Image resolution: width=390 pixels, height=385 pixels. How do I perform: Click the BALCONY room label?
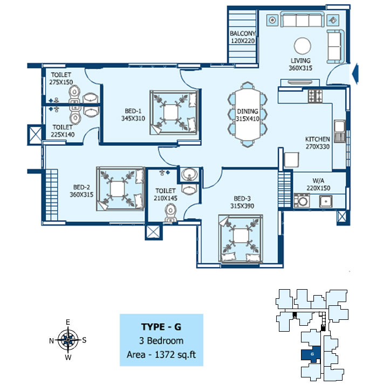coord(243,33)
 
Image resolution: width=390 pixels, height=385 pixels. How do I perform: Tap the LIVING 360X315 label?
coord(300,64)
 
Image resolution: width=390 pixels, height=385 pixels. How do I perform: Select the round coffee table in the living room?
coord(302,46)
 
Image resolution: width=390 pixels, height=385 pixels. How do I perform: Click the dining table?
coord(248,115)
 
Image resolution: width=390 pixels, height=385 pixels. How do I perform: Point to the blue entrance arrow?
coord(356,73)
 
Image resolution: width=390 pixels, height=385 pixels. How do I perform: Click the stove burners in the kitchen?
coord(315,96)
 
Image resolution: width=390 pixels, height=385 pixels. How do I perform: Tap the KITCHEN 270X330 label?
coord(318,143)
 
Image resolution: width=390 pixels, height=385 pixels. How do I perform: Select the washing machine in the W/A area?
coord(302,200)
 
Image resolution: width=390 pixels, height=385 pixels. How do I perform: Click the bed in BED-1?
coord(174,113)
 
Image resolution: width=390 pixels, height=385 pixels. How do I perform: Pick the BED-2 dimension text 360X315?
coord(81,194)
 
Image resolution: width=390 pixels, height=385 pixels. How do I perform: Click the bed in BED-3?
coord(241,239)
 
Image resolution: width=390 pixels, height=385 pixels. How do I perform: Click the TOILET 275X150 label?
coord(61,79)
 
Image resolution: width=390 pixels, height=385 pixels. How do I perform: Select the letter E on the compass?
coord(67,322)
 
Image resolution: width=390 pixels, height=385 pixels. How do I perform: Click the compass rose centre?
coord(68,340)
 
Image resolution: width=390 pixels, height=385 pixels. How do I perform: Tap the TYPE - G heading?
coord(161,327)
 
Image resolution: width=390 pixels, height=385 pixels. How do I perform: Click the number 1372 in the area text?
coord(165,354)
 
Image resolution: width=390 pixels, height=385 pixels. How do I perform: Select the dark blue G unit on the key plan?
coord(311,354)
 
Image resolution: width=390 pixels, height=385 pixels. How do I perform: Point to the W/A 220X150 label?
coord(318,184)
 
